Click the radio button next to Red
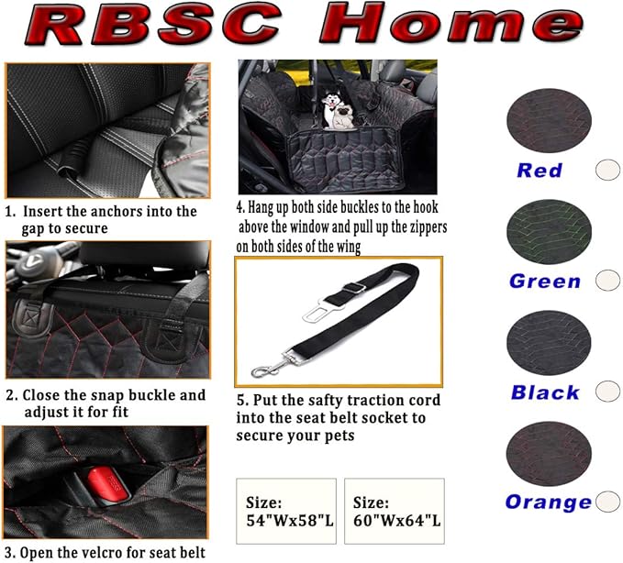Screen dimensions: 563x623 click(606, 170)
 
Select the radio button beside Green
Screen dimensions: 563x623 click(606, 281)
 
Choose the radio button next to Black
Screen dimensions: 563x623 click(607, 392)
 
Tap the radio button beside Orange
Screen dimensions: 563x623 click(606, 502)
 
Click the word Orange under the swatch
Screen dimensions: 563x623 click(548, 502)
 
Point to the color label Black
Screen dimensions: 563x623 click(545, 392)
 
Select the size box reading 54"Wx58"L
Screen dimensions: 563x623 click(285, 512)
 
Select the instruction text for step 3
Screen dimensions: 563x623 click(105, 552)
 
